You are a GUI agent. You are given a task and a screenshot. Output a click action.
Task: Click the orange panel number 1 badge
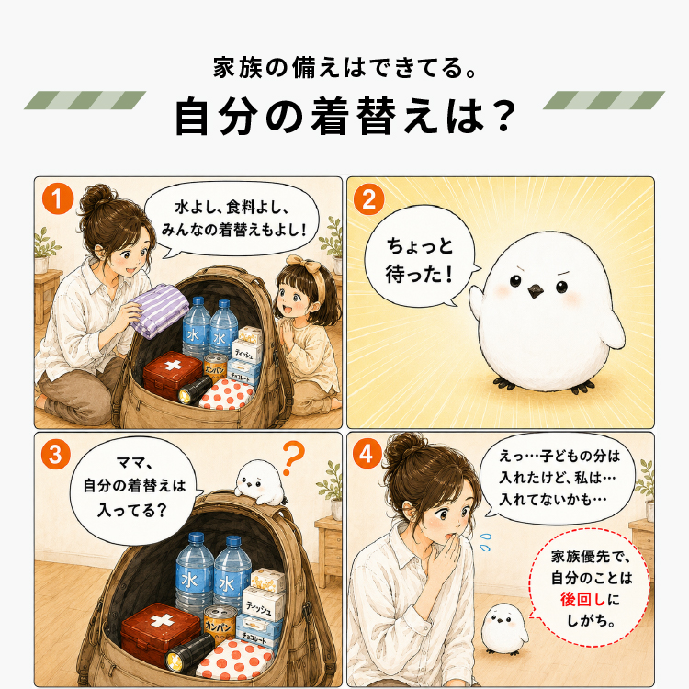58,198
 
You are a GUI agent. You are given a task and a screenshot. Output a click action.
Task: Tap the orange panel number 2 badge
368,199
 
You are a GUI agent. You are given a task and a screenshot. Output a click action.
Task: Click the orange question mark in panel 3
294,457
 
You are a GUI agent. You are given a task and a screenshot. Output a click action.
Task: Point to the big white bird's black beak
535,290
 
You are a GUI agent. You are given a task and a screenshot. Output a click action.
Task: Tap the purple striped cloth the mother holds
159,311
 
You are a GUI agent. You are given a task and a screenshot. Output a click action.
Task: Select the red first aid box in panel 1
173,374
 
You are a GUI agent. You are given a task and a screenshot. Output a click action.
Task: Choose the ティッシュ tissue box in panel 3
263,604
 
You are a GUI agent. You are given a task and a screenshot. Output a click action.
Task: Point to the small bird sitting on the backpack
259,482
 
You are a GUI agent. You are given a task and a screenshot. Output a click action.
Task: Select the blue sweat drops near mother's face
484,542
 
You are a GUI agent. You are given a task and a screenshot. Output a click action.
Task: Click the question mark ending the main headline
502,116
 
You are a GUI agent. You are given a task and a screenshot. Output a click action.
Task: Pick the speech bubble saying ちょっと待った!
421,255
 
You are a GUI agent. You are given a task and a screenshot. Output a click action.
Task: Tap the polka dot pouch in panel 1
227,394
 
